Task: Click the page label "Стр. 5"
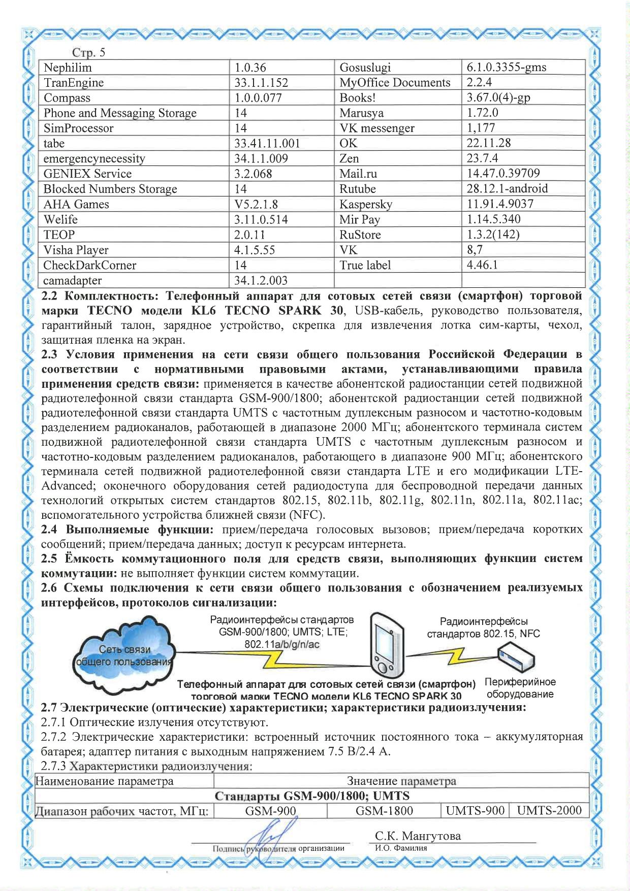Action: point(88,53)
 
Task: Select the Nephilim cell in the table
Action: point(68,68)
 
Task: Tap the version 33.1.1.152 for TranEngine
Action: point(261,83)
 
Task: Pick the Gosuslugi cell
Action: point(365,68)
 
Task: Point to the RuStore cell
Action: point(360,235)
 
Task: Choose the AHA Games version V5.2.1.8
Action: point(256,204)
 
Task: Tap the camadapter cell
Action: point(73,280)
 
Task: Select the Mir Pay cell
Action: point(360,219)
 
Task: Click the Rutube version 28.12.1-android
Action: point(507,189)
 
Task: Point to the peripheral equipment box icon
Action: point(516,657)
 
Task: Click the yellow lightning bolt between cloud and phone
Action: point(277,659)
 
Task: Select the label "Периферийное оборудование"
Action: point(520,688)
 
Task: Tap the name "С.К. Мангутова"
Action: point(418,836)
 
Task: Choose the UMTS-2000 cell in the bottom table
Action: point(549,811)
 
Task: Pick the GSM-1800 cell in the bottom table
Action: point(384,811)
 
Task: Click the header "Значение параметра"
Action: point(401,781)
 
